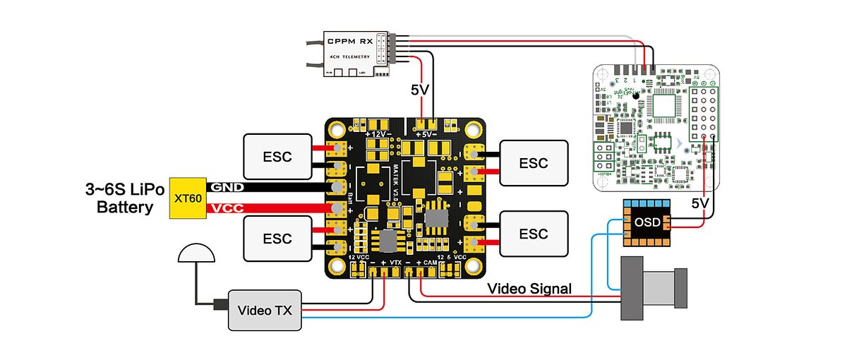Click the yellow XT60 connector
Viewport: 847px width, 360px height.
click(x=187, y=198)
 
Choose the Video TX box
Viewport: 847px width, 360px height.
click(x=264, y=310)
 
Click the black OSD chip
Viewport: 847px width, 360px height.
click(x=647, y=222)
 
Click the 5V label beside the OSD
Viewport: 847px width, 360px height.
click(x=699, y=202)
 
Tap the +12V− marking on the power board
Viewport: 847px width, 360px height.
click(x=378, y=133)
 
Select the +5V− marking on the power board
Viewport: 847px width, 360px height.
click(x=428, y=133)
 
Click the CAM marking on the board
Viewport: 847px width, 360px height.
click(x=428, y=262)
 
